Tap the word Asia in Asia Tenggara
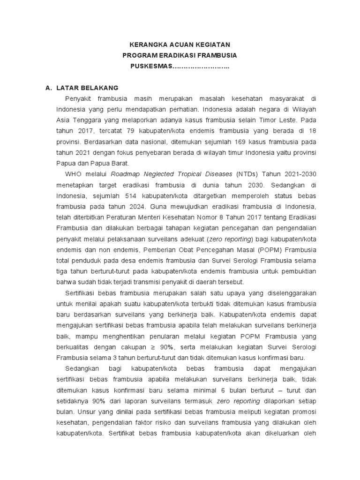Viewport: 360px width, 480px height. point(63,120)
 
